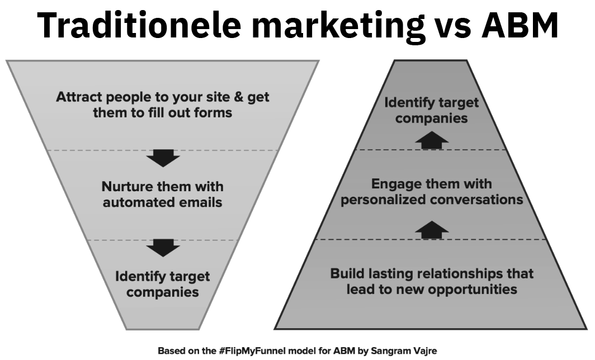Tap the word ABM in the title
[520, 25]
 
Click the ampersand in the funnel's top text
[239, 97]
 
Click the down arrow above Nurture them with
[163, 158]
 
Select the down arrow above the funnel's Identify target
[163, 248]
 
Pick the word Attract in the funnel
[79, 97]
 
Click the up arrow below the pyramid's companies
[432, 140]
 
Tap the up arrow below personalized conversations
[432, 230]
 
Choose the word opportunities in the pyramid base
[475, 290]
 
